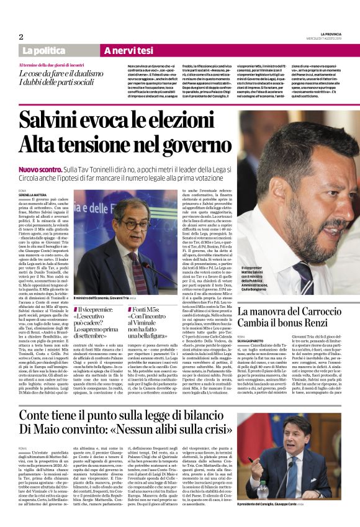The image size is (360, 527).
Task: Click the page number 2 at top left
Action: click(x=21, y=37)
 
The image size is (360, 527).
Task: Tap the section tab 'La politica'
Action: click(x=43, y=50)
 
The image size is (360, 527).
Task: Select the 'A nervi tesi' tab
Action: click(x=128, y=50)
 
